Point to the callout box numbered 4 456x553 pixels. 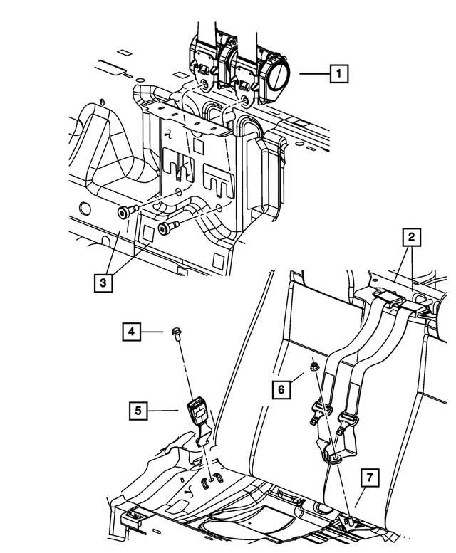[x=131, y=331]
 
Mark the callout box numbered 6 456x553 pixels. [x=281, y=389]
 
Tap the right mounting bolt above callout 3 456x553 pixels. [x=168, y=228]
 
